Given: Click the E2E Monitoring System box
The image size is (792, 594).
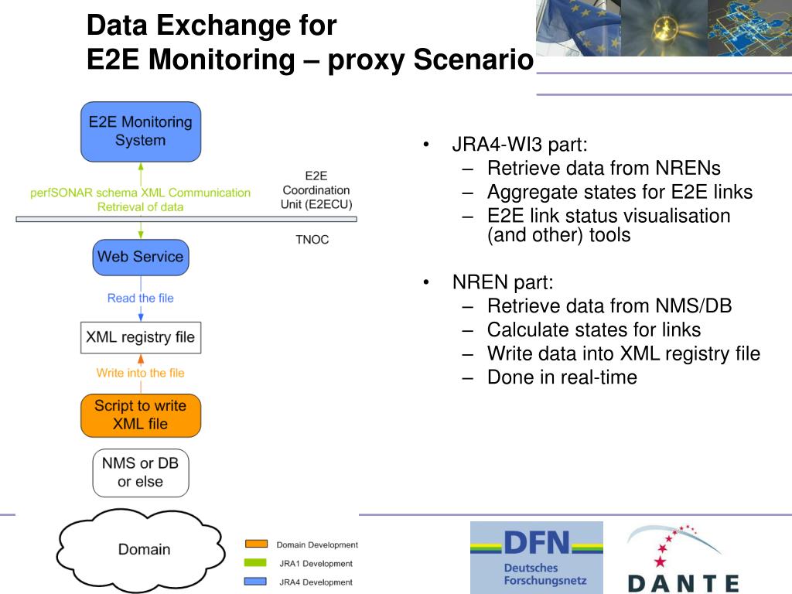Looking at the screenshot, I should pos(141,131).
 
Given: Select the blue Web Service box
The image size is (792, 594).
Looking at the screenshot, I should pos(141,257).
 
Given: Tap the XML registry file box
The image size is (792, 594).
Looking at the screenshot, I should pos(141,338).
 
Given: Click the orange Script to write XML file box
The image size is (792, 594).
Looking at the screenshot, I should pos(141,415).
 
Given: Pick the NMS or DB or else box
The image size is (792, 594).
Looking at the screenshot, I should pos(141,473).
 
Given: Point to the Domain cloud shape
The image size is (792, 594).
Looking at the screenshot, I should pos(144,548).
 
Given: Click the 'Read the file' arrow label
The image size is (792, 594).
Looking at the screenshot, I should pos(141,299).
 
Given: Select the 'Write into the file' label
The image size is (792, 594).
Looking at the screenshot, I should pos(141,373).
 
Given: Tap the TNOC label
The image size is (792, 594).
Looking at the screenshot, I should pos(312,240).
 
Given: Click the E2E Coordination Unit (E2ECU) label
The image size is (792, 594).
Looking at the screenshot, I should pos(316,190).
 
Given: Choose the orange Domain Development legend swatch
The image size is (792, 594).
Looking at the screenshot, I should pos(256,544).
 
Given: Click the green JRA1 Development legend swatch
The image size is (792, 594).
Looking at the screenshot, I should pos(256,563).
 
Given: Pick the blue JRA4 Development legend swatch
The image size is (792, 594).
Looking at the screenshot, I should pos(256,582).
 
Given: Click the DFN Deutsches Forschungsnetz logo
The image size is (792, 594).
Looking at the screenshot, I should pos(537,557).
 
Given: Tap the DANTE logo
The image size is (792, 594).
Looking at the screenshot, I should pos(682,558).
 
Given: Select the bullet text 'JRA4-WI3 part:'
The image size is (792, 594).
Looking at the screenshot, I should pos(520,145).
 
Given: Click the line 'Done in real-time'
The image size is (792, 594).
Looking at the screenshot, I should pos(562,377).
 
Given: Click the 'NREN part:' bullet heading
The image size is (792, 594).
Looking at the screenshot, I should pos(503,283).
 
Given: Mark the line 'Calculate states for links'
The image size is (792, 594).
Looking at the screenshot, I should pos(593,330).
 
